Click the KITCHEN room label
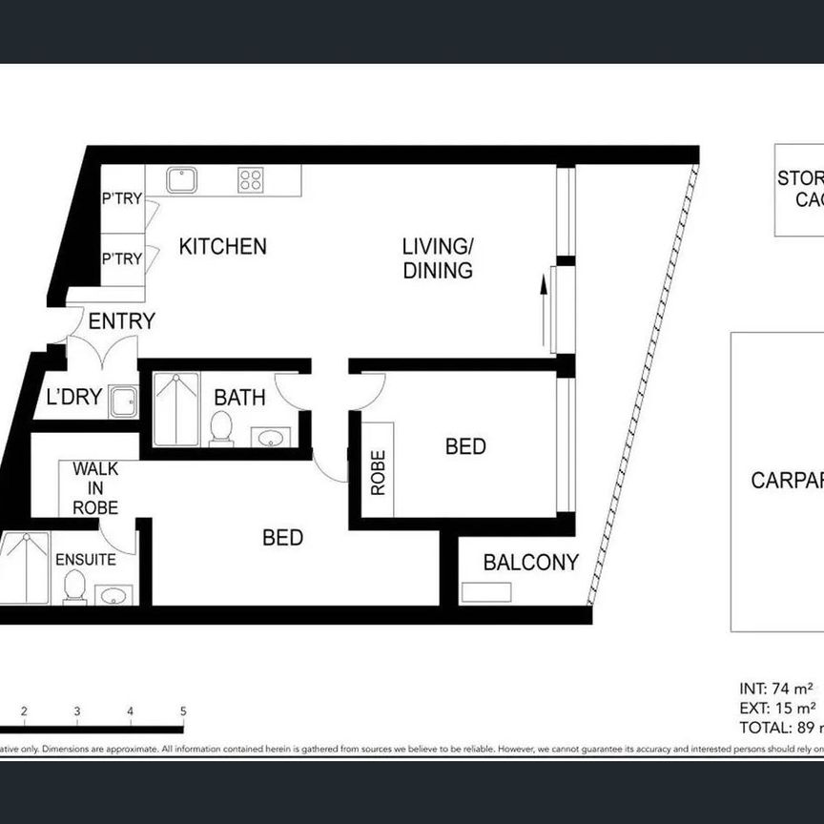[222, 246]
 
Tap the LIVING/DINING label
[438, 258]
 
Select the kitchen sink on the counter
[181, 179]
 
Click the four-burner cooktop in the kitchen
[251, 179]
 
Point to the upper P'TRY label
[122, 199]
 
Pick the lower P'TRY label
[122, 259]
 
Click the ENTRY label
[121, 321]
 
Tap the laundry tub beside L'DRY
[123, 402]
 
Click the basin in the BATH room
[272, 438]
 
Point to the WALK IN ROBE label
[95, 488]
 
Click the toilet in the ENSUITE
[73, 588]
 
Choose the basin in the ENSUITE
[113, 596]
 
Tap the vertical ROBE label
[378, 472]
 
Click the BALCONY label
[530, 563]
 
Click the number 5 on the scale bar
[182, 711]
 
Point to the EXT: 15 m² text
[777, 707]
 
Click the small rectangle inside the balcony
[485, 592]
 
